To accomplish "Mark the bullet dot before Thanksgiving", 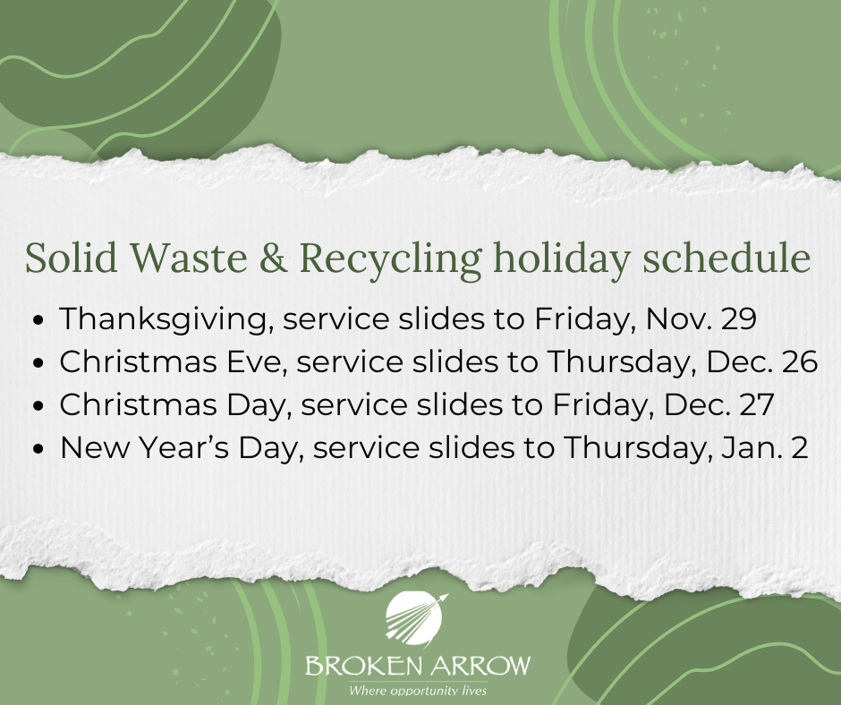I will coord(39,319).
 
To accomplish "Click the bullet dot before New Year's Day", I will coord(39,448).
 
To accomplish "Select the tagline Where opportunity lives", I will coord(418,691).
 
